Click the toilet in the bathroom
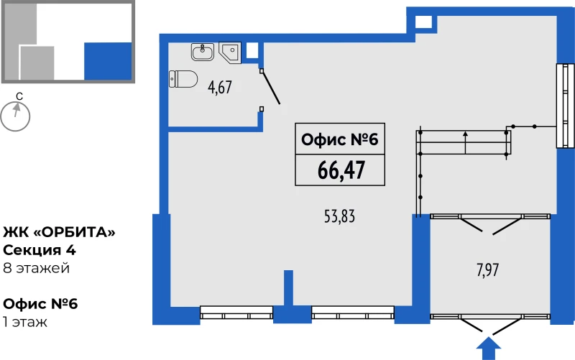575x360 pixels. [183, 79]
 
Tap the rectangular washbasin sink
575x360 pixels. [203, 52]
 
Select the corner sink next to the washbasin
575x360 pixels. [230, 52]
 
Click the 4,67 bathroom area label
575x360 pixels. [220, 87]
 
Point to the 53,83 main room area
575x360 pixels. [339, 216]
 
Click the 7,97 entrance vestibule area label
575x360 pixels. [488, 270]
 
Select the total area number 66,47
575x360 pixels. [341, 170]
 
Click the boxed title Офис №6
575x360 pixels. [339, 139]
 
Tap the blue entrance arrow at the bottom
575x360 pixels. [488, 349]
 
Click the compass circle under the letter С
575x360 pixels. [15, 116]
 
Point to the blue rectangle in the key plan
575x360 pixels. [108, 61]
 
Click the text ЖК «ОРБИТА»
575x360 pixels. [59, 232]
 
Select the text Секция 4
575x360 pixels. [40, 250]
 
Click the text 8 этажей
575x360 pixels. [36, 268]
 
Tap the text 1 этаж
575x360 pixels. [25, 322]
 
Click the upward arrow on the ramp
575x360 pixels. [465, 142]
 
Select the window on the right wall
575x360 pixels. [565, 106]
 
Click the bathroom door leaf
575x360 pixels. [271, 87]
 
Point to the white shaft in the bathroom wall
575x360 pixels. [252, 50]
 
